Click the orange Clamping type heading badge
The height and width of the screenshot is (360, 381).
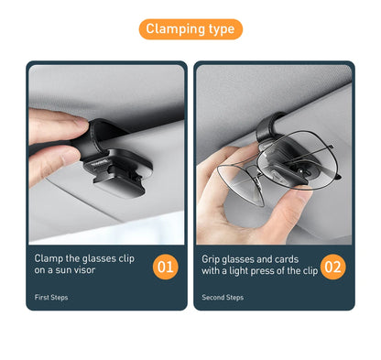pyautogui.click(x=190, y=29)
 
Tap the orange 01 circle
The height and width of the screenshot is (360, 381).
pyautogui.click(x=165, y=267)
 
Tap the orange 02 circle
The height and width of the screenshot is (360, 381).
pyautogui.click(x=333, y=267)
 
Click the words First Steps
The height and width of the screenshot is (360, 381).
pyautogui.click(x=51, y=298)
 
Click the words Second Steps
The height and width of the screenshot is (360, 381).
pyautogui.click(x=223, y=298)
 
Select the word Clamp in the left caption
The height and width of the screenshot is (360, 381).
pyautogui.click(x=49, y=258)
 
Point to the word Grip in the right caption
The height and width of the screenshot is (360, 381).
pyautogui.click(x=212, y=258)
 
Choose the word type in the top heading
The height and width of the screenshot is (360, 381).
pyautogui.click(x=220, y=29)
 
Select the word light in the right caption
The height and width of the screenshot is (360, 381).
pyautogui.click(x=245, y=271)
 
